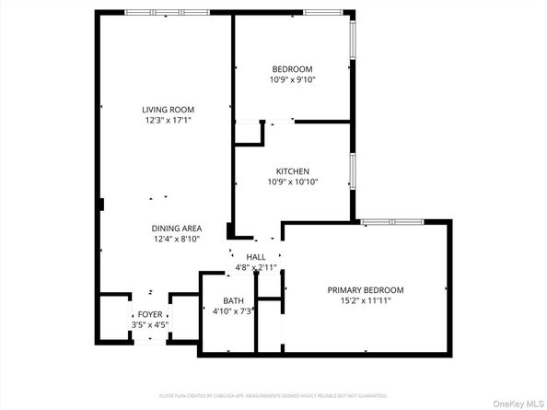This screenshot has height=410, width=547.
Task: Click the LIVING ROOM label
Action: tap(167, 109)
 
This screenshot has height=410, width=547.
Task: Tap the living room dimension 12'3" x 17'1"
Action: tap(167, 120)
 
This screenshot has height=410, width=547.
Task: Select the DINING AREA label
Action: tap(177, 228)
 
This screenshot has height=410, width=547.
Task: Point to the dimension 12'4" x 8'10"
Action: tap(177, 240)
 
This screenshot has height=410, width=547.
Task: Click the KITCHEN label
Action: tap(292, 171)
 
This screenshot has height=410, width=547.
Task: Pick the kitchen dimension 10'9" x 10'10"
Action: tap(292, 182)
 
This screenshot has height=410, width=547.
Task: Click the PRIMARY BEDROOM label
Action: tap(366, 290)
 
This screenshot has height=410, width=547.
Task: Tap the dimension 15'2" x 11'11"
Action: tap(366, 301)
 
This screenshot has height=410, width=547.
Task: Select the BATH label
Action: tap(234, 301)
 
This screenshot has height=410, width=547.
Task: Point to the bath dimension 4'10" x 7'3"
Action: tap(234, 311)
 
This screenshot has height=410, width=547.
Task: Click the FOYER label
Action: tap(150, 314)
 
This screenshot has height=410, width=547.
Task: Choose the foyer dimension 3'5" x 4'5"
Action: tap(150, 324)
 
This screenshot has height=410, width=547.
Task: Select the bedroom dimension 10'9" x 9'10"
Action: tap(292, 80)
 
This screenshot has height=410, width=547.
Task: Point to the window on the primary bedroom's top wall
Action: tap(391, 222)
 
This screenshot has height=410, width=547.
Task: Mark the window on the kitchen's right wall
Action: tap(352, 171)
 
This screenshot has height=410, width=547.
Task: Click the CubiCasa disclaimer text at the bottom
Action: tap(273, 395)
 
